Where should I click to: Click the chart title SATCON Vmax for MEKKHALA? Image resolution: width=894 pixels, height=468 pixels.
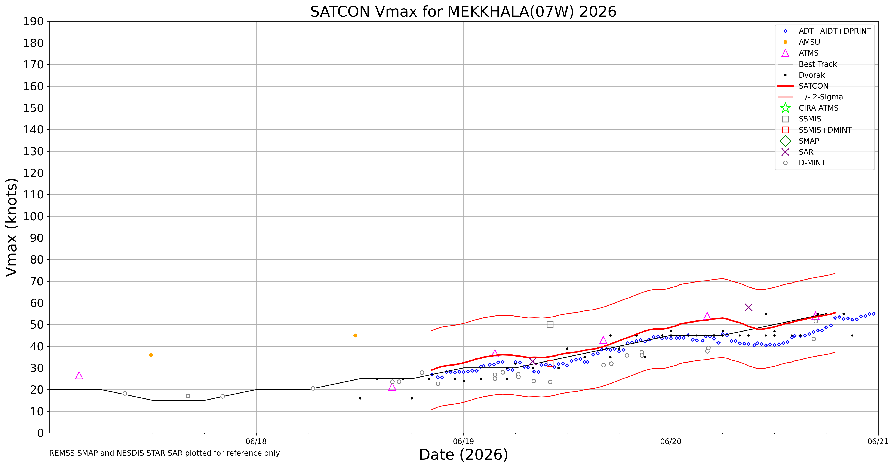click(x=463, y=12)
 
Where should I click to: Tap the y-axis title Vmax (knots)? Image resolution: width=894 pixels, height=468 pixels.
click(x=12, y=227)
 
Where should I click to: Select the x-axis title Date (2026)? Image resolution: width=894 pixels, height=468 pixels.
click(x=463, y=455)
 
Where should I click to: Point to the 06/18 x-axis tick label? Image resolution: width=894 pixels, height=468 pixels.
click(x=256, y=442)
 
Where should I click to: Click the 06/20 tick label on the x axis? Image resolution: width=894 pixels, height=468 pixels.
click(x=670, y=442)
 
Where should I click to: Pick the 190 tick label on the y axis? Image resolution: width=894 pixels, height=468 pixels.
click(x=34, y=22)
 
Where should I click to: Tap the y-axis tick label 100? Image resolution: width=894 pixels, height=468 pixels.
click(x=34, y=216)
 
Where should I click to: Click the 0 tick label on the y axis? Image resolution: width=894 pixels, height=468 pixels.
click(x=41, y=433)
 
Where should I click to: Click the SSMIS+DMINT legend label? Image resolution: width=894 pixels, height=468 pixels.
click(x=825, y=130)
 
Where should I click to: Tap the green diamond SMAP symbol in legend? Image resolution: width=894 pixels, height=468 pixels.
click(x=785, y=141)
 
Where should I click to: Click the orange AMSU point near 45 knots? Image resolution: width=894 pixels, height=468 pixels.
click(x=355, y=335)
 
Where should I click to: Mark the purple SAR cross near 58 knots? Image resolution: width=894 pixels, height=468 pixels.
click(x=749, y=307)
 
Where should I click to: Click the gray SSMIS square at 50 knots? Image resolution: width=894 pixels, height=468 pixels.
click(x=550, y=325)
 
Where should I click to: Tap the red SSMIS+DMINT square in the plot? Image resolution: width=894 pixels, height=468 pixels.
click(x=550, y=364)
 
